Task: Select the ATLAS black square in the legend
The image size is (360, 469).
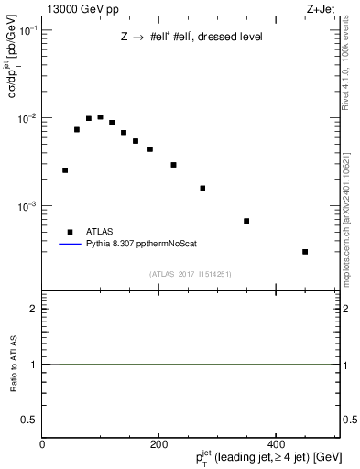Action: [x=70, y=232]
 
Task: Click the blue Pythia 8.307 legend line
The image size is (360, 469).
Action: [x=70, y=245]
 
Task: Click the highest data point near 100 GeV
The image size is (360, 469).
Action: [x=100, y=117]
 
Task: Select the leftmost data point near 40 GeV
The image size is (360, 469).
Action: [x=65, y=170]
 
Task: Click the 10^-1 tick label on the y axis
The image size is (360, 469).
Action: [x=26, y=31]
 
